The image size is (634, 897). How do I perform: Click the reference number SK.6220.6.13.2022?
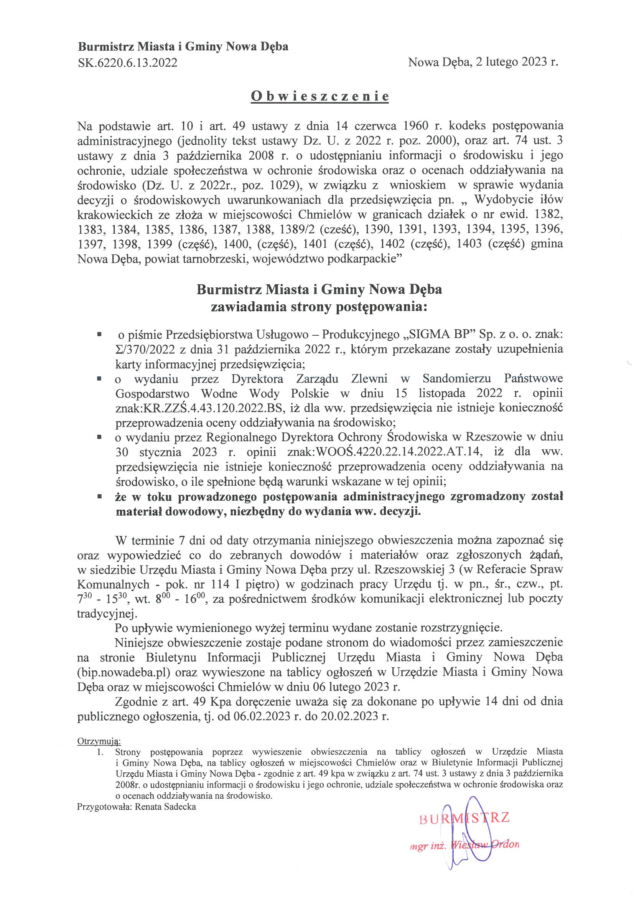coord(128,63)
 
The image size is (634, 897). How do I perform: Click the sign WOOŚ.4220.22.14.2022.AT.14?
coord(399,452)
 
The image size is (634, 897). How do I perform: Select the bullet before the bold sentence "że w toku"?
coord(100,497)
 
